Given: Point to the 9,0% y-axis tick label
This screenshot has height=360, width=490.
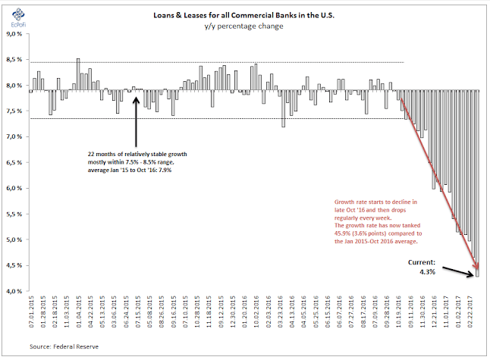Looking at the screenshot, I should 14,34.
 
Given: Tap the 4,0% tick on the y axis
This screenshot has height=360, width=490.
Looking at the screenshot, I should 14,291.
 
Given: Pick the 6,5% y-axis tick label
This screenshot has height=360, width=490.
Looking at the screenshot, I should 14,162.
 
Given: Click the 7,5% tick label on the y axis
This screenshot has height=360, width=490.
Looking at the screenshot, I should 14,111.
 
